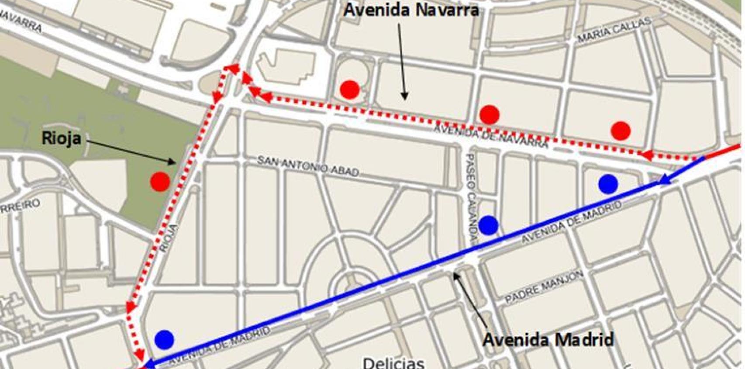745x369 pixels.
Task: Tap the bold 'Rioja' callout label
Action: coord(61,138)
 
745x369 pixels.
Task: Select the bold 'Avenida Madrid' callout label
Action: coord(548,339)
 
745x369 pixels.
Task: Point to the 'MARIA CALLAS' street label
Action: coord(614,30)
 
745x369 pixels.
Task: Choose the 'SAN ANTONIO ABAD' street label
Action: coord(308,166)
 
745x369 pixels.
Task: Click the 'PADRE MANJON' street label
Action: coord(544,287)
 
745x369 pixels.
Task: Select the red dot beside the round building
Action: coord(350,90)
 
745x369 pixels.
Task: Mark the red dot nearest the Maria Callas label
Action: coord(621,131)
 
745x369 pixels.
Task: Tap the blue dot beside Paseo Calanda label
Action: coord(488,225)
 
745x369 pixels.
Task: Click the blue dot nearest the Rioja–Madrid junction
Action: coord(164,339)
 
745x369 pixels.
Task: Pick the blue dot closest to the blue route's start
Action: coord(608,184)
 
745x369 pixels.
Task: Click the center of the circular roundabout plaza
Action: coord(352,286)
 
